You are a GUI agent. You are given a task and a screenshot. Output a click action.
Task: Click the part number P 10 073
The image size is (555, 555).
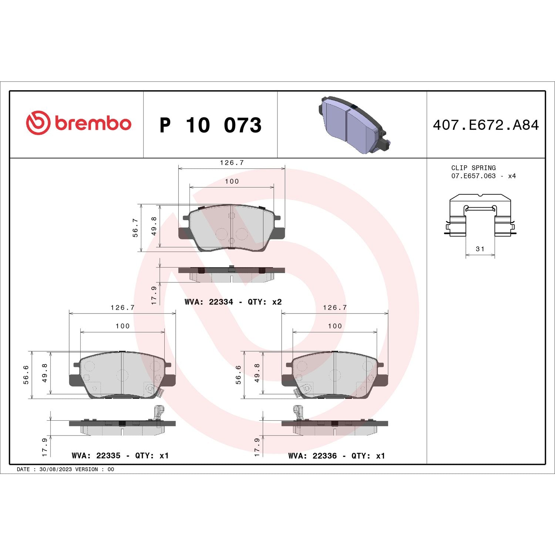coord(210,125)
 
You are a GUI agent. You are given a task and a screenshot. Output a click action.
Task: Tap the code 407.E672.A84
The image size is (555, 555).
coord(486,125)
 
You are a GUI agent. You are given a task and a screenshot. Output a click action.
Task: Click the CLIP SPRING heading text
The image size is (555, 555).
coord(473,168)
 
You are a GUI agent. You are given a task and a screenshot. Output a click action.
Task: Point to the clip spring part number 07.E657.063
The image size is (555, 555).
coord(473,176)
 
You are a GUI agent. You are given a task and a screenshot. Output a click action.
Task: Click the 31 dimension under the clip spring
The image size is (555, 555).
coord(480,249)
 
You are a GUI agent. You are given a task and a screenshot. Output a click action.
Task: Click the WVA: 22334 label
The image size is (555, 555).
coord(209,302)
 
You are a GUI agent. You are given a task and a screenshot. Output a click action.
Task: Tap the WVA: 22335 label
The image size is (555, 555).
coord(96,456)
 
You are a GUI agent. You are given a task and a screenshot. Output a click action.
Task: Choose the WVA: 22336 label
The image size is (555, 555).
coord(312,456)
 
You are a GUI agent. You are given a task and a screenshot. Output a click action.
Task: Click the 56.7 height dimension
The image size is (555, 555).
coord(135,228)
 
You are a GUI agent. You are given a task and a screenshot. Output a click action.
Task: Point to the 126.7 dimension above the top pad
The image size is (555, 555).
coord(232,163)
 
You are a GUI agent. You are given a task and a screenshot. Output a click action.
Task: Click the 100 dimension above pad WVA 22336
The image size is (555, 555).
coord(334,326)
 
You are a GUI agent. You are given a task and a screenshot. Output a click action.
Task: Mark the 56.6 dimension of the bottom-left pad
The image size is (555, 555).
coord(26,375)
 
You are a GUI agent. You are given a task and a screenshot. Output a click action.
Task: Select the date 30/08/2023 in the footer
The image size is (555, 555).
coord(55,469)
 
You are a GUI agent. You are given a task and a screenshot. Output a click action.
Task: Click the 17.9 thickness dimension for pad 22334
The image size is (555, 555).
coord(154,295)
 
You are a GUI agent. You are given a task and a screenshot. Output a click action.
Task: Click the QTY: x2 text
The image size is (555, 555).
coord(265,302)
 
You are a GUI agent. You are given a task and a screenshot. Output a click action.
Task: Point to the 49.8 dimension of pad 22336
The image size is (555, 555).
coord(257,373)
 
